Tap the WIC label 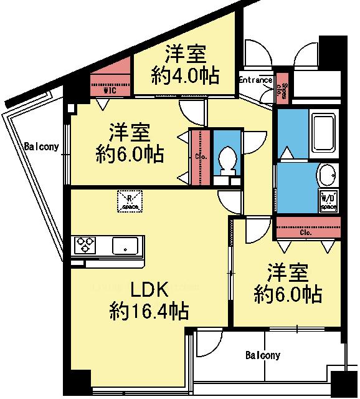[x=110, y=90]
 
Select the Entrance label [x=256, y=80]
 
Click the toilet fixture [x=227, y=158]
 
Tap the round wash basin [x=327, y=175]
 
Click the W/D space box [x=328, y=199]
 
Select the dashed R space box [x=130, y=201]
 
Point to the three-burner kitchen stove [x=85, y=246]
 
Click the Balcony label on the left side [x=42, y=147]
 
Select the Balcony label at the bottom [x=262, y=355]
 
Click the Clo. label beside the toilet [x=201, y=156]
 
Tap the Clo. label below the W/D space [x=305, y=233]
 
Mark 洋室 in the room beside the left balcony [x=130, y=133]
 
